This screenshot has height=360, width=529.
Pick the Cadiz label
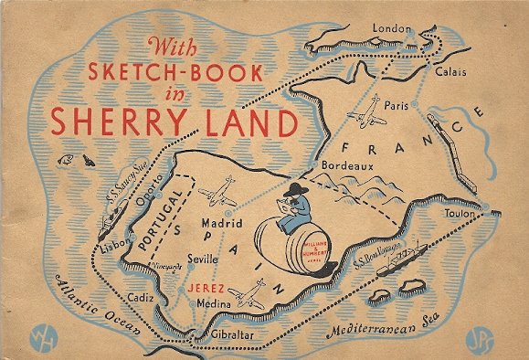point(142,297)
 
